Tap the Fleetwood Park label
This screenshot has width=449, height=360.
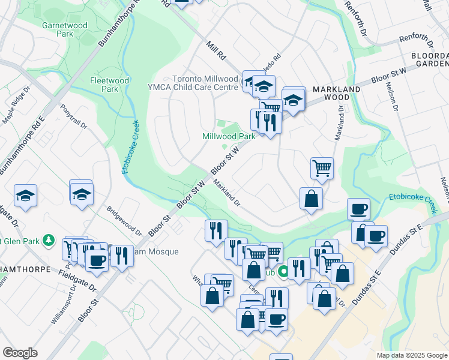[104, 84]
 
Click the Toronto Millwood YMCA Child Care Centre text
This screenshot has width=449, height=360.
[205, 83]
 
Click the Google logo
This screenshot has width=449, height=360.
[20, 353]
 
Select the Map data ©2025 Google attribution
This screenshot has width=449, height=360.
[411, 355]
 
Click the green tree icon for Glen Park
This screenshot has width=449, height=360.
[51, 241]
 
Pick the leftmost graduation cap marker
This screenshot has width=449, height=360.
[26, 196]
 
